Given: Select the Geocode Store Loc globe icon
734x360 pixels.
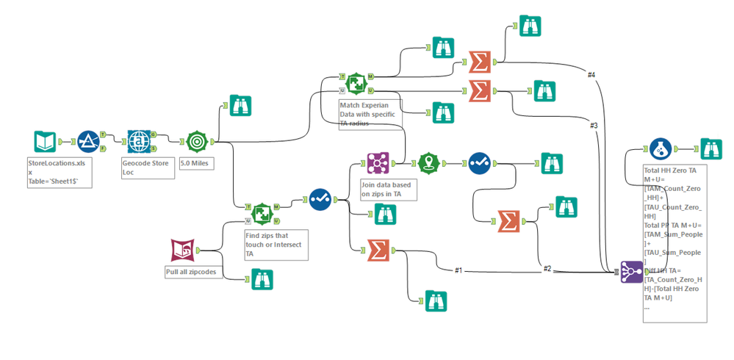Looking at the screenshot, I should tap(138, 141).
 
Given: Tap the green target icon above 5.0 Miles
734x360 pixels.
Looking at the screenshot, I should tap(196, 141).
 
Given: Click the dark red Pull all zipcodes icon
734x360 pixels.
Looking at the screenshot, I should tap(182, 251).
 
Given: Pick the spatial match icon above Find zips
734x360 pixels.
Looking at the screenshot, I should tap(262, 213).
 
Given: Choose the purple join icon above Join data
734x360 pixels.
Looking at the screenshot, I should tap(378, 164).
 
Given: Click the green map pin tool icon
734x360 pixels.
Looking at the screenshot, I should tap(428, 163).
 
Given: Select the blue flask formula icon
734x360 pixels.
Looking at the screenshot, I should tap(661, 149).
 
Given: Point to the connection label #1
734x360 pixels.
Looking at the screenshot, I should tap(458, 270).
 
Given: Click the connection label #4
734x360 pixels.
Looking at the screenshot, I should tap(591, 74).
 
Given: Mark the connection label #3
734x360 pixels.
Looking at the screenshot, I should tap(594, 126).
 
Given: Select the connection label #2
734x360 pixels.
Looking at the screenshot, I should tap(547, 268).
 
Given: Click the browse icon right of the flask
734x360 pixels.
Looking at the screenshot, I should tap(710, 149).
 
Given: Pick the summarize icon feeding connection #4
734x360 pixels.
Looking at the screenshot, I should tap(480, 62).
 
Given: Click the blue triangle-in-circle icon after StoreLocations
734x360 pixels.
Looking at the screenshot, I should tap(89, 141).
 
